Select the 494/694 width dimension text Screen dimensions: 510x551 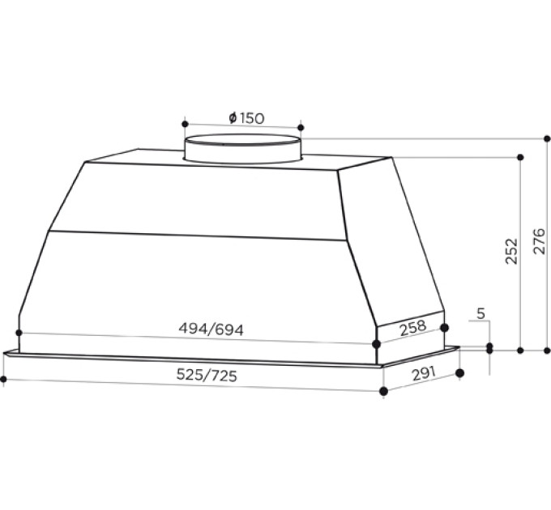211,329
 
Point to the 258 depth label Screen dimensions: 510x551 412,328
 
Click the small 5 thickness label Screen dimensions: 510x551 481,312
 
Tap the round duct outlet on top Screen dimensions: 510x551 243,149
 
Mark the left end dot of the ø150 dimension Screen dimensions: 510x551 186,125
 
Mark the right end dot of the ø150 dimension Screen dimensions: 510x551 301,127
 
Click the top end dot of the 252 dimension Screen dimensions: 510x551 521,156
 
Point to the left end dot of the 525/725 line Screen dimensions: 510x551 3,378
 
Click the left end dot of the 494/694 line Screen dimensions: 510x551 19,333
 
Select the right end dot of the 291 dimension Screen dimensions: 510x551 460,373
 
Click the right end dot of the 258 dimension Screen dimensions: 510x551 444,326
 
